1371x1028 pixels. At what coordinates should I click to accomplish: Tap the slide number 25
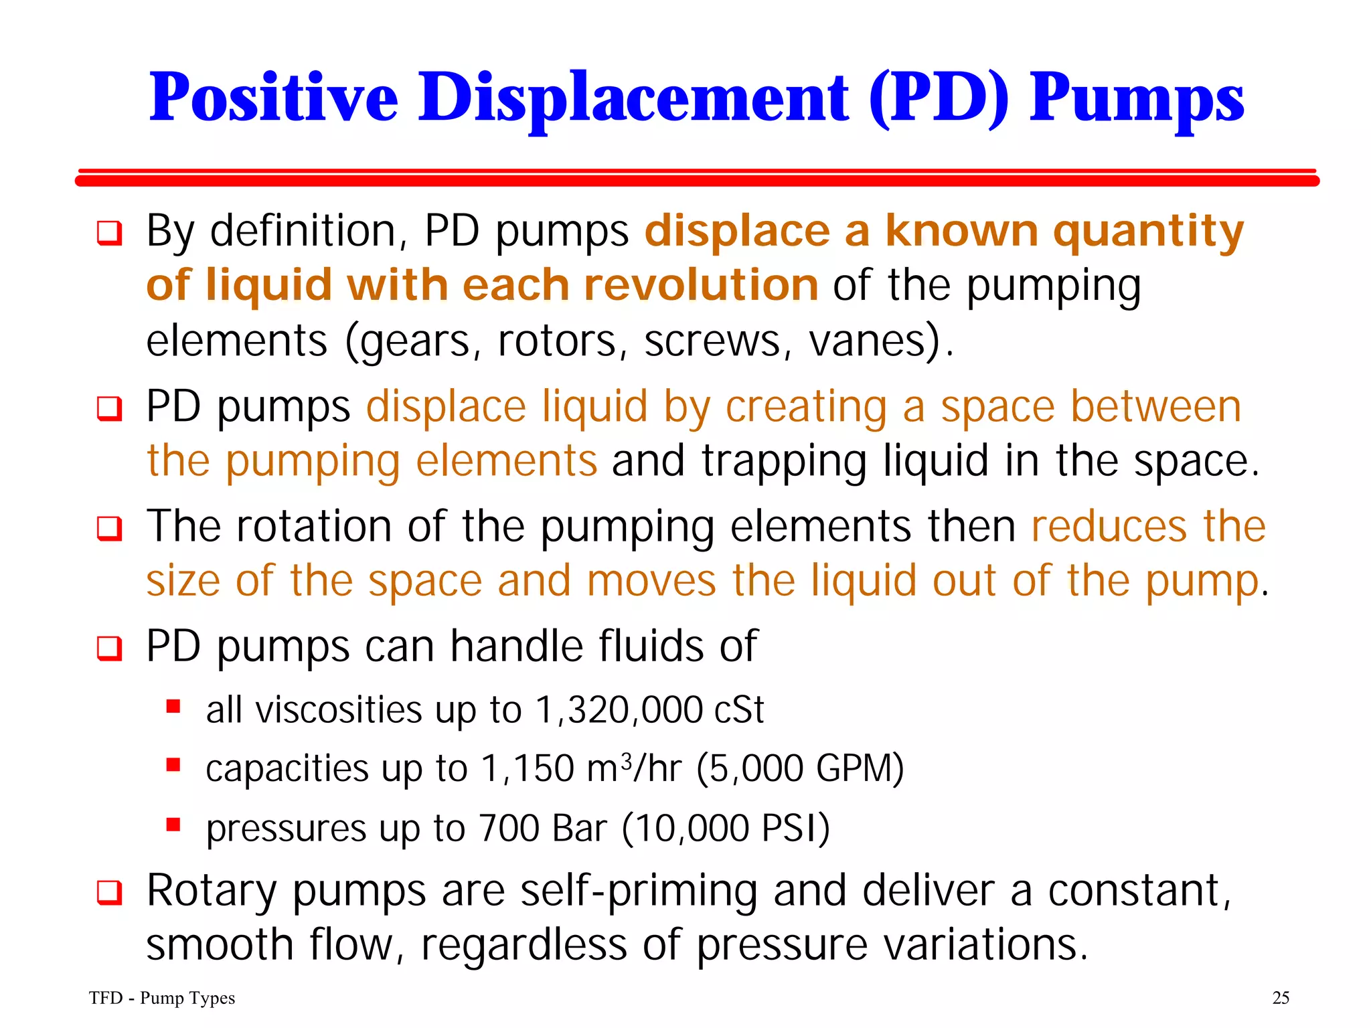[1280, 998]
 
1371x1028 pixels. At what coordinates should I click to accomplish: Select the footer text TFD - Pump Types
[162, 998]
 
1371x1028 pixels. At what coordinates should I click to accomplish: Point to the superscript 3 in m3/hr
[626, 760]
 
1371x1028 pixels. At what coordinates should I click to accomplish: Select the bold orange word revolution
[701, 286]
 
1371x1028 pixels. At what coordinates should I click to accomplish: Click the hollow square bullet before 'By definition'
[110, 233]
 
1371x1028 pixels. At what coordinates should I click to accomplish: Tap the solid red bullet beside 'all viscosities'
[173, 706]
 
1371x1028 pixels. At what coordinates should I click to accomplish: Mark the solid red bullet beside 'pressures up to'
[173, 824]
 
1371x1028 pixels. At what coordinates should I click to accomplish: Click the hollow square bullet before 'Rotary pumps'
[110, 893]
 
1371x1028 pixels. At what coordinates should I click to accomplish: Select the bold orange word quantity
[1148, 232]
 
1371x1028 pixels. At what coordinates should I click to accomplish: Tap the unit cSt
[738, 710]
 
